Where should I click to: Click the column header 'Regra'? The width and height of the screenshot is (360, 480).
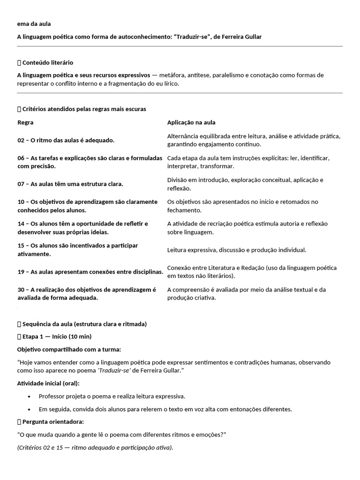[25, 122]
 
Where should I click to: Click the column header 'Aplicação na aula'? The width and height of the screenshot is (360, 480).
[191, 122]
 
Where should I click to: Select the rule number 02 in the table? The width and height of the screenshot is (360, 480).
[21, 140]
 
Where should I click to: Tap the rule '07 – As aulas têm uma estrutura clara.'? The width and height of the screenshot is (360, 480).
[70, 184]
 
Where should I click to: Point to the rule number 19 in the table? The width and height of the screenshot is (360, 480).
[21, 272]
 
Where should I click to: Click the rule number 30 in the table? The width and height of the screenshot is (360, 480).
[21, 290]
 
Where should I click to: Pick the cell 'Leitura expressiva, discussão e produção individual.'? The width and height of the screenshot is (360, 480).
[236, 250]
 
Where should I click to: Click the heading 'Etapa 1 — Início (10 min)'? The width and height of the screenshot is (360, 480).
[57, 337]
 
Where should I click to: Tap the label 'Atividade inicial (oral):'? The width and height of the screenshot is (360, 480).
[48, 383]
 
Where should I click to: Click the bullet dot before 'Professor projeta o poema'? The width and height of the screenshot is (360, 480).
[30, 396]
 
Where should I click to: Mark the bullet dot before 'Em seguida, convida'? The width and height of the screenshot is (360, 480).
[30, 409]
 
